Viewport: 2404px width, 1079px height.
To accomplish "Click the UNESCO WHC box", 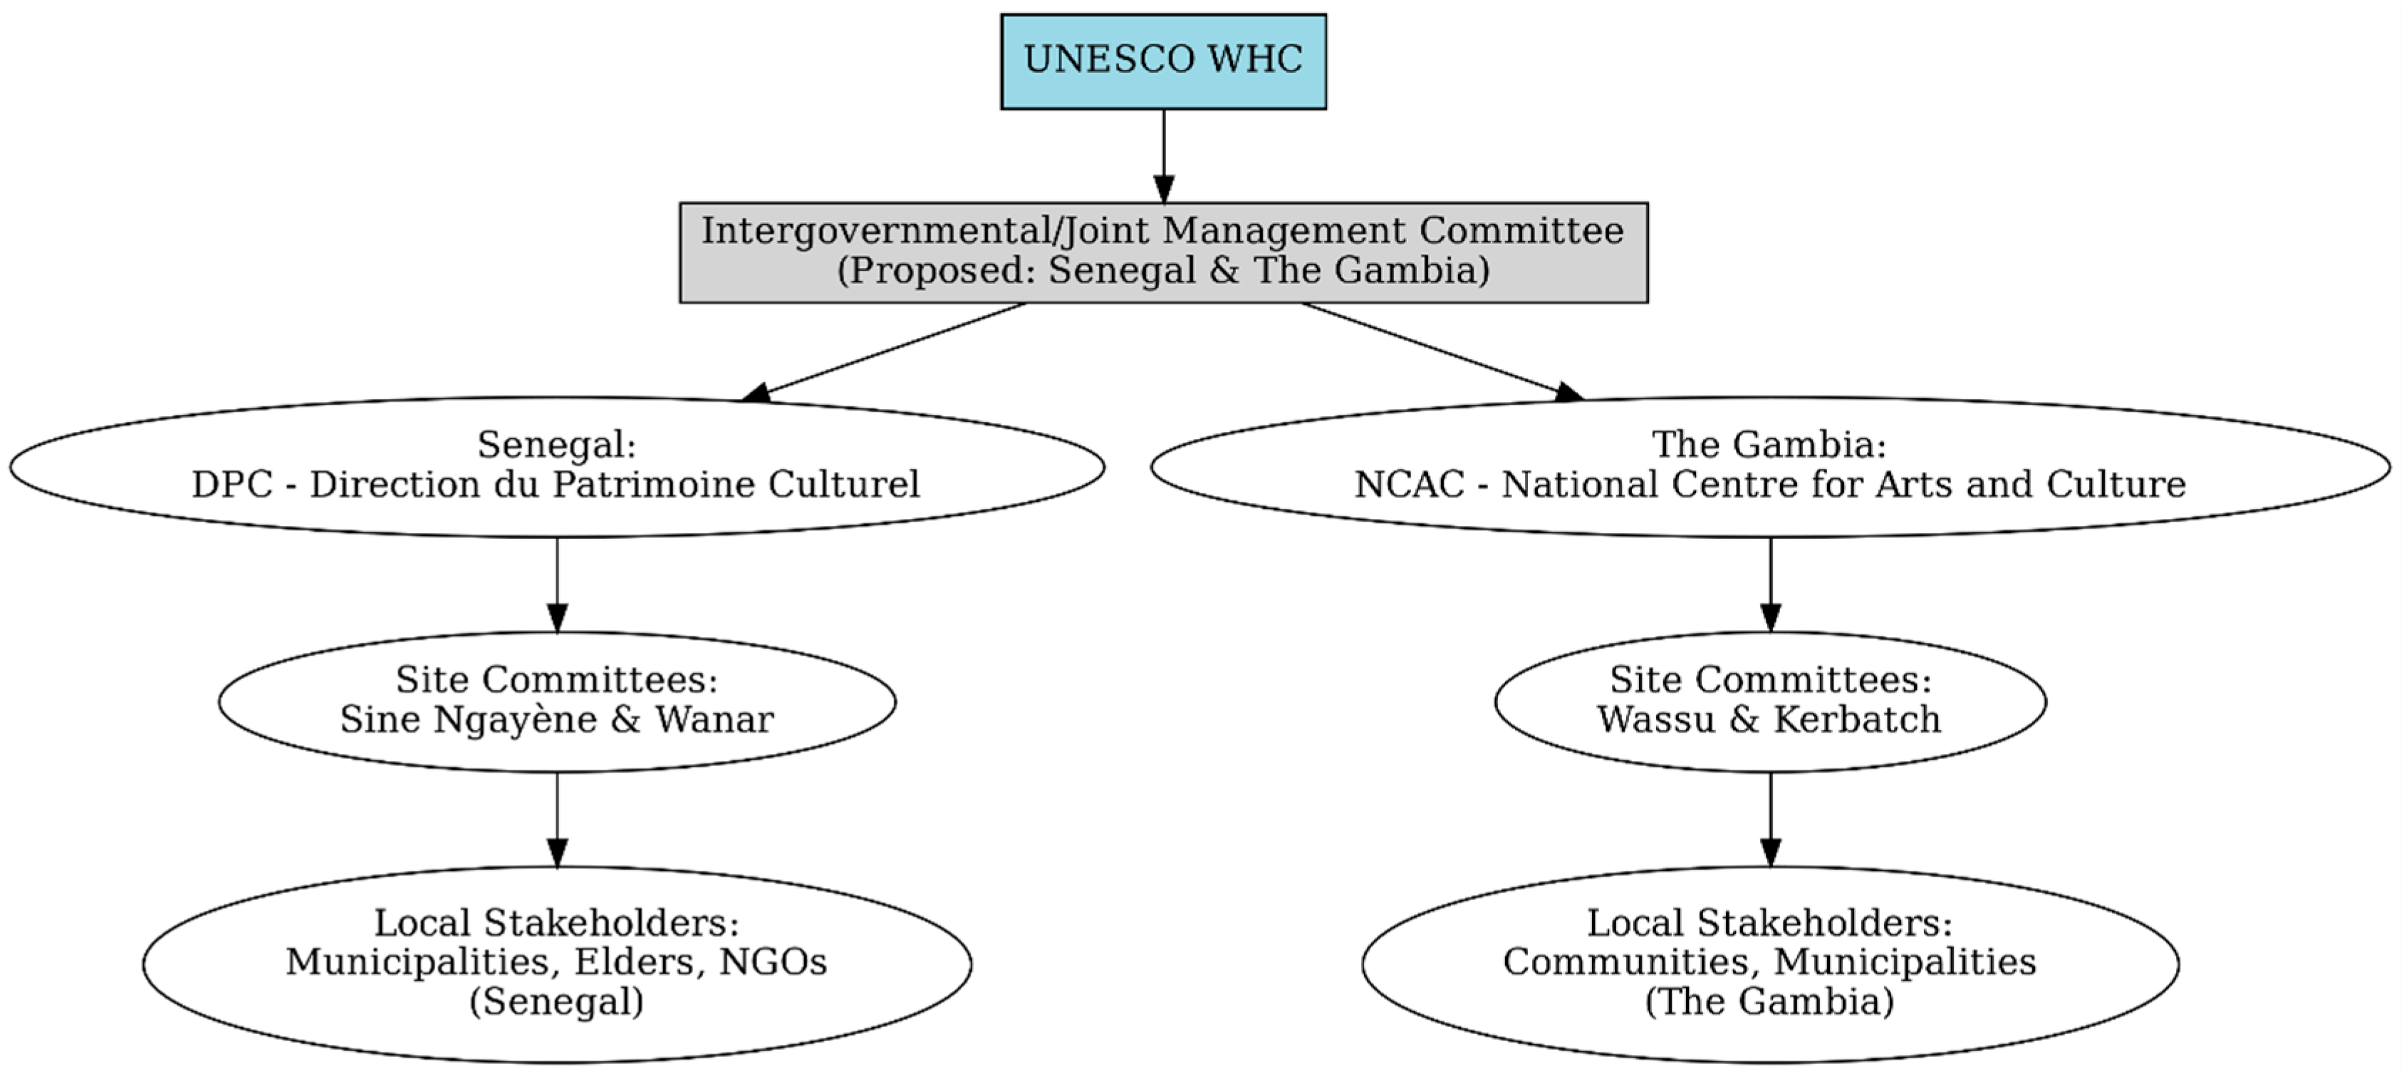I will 1162,61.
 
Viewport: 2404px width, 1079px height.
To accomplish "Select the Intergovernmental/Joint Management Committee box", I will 1162,252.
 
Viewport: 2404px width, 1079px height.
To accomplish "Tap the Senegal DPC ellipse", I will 557,466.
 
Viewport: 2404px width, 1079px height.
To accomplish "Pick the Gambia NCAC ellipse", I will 1769,466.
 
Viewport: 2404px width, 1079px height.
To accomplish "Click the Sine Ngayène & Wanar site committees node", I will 557,701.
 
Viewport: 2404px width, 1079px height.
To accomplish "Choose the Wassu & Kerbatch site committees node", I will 1769,701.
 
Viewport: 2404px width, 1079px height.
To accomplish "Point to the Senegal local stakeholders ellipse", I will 557,964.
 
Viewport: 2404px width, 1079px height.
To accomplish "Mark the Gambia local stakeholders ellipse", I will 1769,964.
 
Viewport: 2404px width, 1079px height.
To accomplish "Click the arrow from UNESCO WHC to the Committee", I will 1162,154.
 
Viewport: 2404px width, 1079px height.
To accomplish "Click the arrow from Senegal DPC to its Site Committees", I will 557,584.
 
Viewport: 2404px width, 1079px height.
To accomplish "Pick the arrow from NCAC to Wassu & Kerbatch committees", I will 1769,584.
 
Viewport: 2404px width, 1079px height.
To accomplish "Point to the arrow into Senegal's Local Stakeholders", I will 557,819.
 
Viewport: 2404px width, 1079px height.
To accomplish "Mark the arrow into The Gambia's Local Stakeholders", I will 1769,819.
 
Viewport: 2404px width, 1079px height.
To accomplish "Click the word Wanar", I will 714,720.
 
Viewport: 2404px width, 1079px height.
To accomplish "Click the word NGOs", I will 773,961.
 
